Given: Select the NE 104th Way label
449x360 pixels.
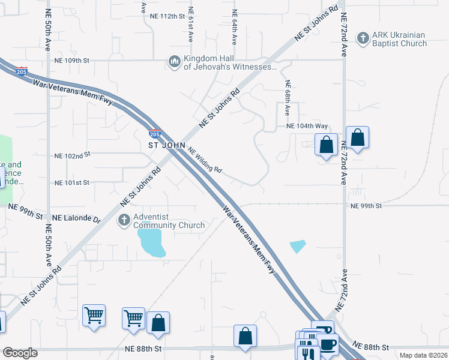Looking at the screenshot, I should (307, 126).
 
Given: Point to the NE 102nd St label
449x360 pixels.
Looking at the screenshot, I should (72, 155).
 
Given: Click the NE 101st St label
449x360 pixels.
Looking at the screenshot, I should (71, 182).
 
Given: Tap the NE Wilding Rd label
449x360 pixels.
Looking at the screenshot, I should (206, 160).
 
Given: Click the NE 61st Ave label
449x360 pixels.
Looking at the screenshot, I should (190, 24).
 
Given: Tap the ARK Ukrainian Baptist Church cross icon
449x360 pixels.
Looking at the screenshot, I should (363, 39).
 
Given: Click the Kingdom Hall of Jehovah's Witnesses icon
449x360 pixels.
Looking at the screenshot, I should (175, 62).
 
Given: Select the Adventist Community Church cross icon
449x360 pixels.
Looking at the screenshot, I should (124, 220).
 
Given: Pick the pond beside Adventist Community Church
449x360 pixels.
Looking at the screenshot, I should (152, 241).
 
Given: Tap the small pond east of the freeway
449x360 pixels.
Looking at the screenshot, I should (297, 246).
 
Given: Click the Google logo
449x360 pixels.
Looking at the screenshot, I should (20, 353).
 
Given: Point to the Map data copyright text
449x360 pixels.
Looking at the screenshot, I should (423, 355).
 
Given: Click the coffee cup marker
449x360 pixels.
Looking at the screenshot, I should (328, 344).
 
